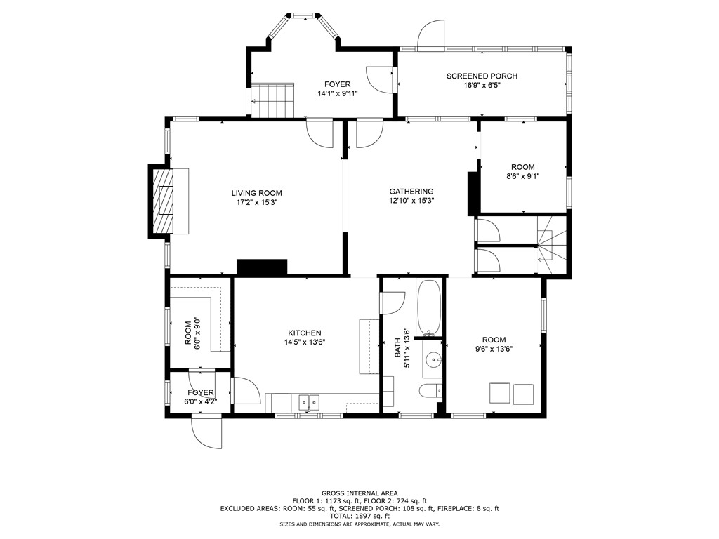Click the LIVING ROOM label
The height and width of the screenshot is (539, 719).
(x=256, y=193)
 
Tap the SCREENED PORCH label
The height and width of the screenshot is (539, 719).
(x=482, y=76)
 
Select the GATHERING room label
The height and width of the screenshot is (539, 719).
(x=411, y=191)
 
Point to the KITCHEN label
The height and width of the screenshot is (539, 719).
(x=304, y=333)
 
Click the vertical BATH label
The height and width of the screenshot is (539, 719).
(x=397, y=348)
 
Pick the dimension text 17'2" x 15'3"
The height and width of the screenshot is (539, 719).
(x=256, y=203)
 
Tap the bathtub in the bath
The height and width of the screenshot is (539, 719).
(x=428, y=308)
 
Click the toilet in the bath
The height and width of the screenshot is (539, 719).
(x=428, y=390)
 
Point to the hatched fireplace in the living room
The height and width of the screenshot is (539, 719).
(x=164, y=201)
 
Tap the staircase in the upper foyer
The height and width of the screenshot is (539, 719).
(x=272, y=100)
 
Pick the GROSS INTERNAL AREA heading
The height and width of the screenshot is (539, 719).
(x=359, y=493)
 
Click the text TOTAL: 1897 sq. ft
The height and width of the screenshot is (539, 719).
(x=359, y=516)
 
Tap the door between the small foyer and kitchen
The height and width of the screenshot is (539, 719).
(x=246, y=390)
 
